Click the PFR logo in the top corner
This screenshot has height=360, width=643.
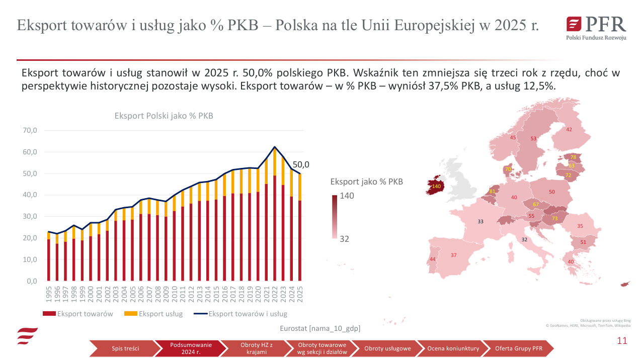point(596,28)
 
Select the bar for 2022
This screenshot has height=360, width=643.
point(274,216)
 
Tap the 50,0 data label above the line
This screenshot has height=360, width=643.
point(301,164)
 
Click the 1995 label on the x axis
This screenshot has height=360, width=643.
point(49,295)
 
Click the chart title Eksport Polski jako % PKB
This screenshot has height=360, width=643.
point(164,116)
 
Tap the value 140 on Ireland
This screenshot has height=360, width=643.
point(436,187)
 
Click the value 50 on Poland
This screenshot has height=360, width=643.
point(551,192)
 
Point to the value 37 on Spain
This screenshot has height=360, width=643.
point(453,255)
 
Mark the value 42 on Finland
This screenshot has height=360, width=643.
point(569,130)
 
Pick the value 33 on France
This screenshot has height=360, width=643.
point(480,221)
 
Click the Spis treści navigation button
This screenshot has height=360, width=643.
point(125,348)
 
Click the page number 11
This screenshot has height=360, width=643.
point(622,340)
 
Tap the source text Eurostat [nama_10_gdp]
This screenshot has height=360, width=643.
point(320,328)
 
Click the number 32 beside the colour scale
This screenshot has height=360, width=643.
point(344,239)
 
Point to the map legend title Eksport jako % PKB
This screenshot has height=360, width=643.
point(366,182)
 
